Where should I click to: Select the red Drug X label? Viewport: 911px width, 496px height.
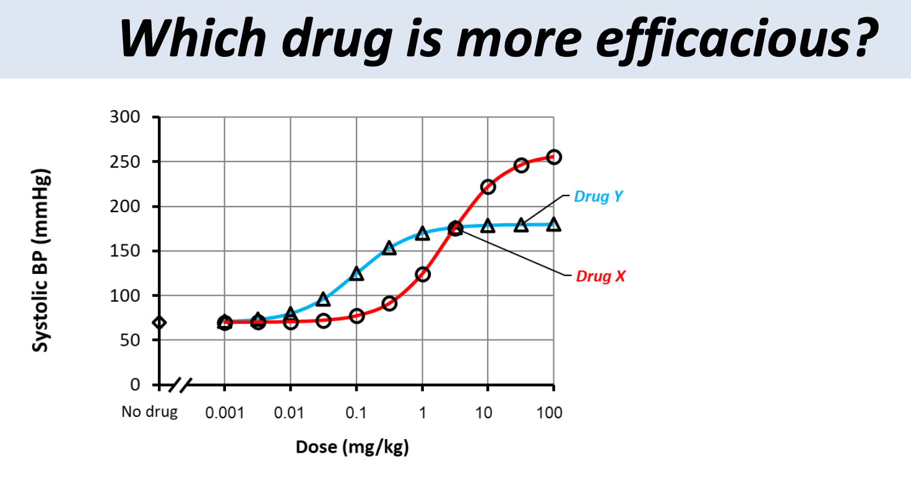pyautogui.click(x=600, y=276)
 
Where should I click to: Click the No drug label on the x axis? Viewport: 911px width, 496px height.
pyautogui.click(x=149, y=413)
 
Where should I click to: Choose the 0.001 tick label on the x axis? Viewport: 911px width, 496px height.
pyautogui.click(x=224, y=413)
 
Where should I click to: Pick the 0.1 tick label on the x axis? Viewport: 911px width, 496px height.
pyautogui.click(x=356, y=413)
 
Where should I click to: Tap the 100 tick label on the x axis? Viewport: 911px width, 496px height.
pyautogui.click(x=550, y=413)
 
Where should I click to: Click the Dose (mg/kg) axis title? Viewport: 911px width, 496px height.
pyautogui.click(x=352, y=447)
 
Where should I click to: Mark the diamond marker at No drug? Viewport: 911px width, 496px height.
pyautogui.click(x=160, y=322)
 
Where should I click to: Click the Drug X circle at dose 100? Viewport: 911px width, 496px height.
pyautogui.click(x=554, y=157)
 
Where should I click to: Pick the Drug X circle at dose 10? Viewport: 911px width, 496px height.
pyautogui.click(x=488, y=187)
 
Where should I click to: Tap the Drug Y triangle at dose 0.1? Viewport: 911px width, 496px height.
pyautogui.click(x=356, y=273)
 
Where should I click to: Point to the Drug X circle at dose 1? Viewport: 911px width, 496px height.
pyautogui.click(x=423, y=274)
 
